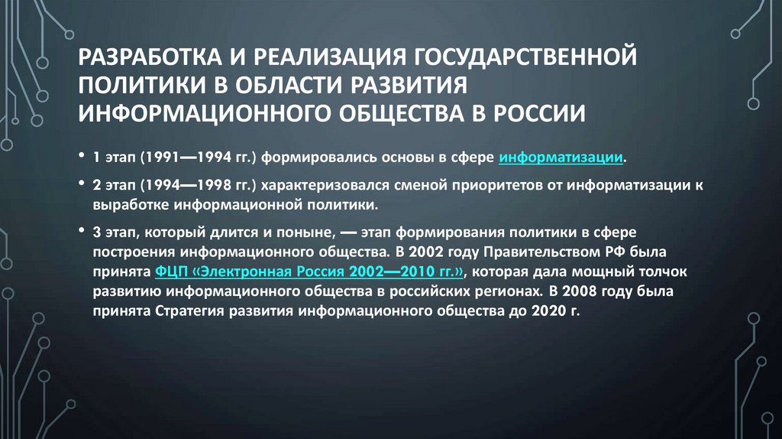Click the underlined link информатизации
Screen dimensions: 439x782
click(561, 159)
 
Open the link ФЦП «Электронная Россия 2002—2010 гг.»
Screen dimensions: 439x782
click(309, 273)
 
